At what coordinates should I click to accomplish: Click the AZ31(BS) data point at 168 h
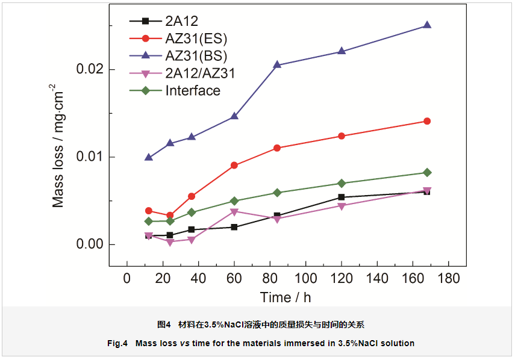coord(427,25)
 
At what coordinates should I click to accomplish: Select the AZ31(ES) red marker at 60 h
coord(234,166)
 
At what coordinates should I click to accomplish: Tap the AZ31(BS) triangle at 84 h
coord(277,64)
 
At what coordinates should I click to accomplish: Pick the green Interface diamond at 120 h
coord(342,183)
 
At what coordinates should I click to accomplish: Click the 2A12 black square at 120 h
coord(342,197)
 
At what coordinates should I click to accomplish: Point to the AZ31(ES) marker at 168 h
coord(427,121)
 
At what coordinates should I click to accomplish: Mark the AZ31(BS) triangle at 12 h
coord(149,157)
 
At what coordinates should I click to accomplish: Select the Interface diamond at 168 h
coord(427,173)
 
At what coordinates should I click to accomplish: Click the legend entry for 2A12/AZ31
coord(199,73)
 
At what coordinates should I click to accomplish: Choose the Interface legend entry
coord(193,91)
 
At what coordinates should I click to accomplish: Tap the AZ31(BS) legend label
coord(196,57)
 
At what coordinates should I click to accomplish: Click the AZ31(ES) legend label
coord(196,39)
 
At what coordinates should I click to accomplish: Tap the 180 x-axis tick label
coord(448,278)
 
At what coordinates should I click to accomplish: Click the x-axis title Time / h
coord(286,297)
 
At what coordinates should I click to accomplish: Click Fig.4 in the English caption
coord(118,344)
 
